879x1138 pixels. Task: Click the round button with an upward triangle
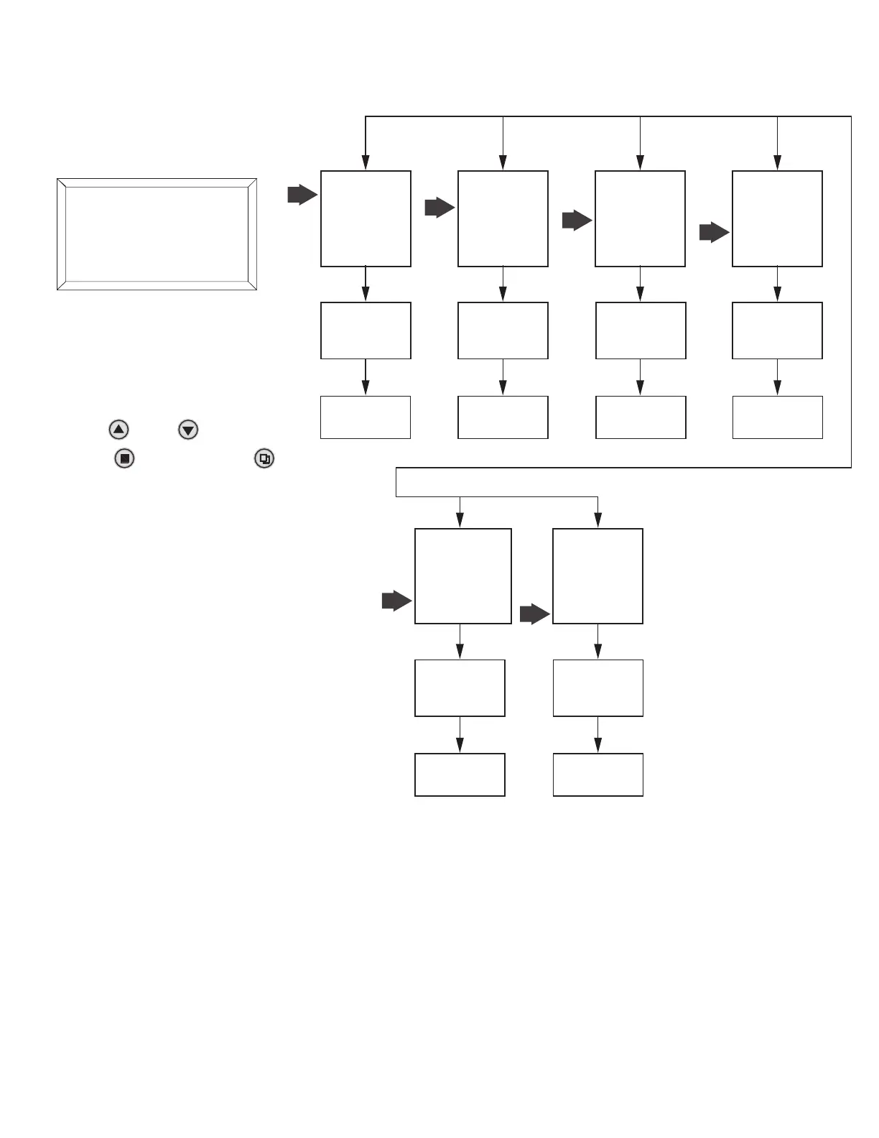[118, 430]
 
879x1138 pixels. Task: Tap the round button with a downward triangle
[188, 430]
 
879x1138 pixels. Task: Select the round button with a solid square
[124, 458]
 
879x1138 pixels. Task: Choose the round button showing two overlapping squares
[264, 458]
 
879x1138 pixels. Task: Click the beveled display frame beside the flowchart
[157, 234]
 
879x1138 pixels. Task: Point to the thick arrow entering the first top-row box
[302, 195]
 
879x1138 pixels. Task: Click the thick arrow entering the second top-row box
[439, 208]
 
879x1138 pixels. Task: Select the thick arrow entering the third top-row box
[577, 221]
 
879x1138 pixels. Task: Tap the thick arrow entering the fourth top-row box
[714, 233]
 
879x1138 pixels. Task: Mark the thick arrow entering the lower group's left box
[396, 601]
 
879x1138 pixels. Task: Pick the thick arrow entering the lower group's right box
[534, 614]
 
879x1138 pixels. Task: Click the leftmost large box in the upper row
[366, 218]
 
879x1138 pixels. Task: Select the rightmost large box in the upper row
[777, 218]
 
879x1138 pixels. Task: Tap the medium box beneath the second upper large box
[503, 330]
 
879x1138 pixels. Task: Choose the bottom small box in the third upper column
[641, 417]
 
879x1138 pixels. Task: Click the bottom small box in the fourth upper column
[777, 417]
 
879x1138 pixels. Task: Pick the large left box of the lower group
[463, 576]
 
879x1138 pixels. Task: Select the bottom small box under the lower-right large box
[597, 774]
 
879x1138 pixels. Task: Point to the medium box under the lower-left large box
[460, 688]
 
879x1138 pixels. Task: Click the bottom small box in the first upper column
[366, 417]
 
